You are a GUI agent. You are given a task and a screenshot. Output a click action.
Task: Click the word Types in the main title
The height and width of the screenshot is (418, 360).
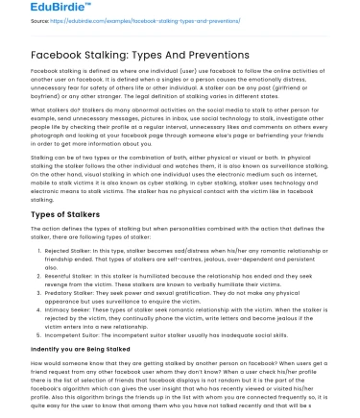click(167, 54)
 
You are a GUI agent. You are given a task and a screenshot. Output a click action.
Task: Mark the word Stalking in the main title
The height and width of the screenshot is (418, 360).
click(120, 54)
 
